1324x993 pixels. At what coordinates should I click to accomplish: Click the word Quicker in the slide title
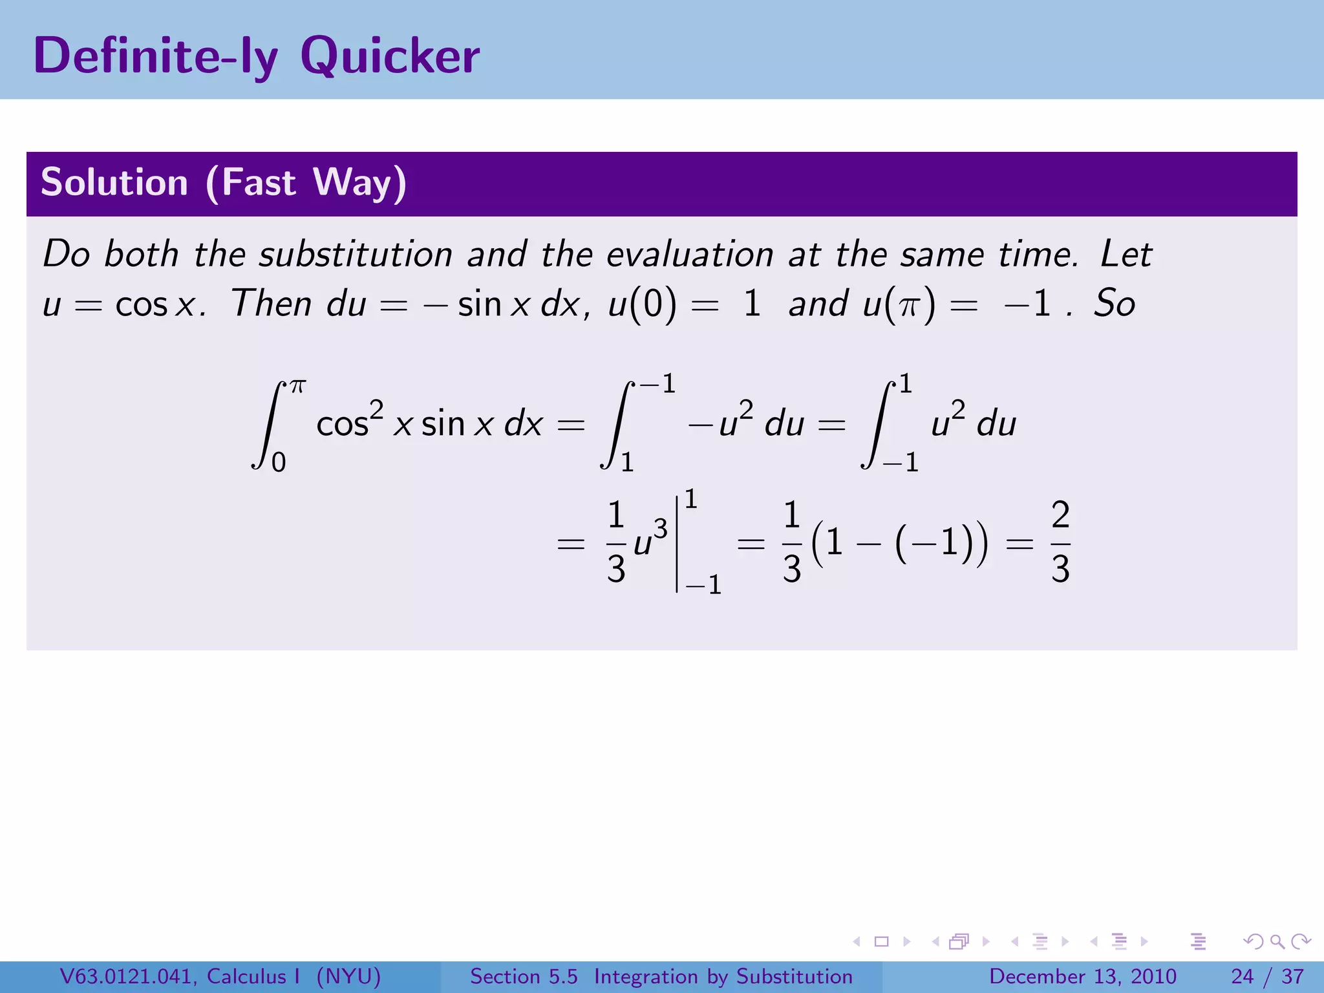[x=390, y=57]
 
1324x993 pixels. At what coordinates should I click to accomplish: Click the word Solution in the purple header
[x=114, y=182]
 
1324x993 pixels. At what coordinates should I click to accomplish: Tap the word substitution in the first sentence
[x=356, y=254]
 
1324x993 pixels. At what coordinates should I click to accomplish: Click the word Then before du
[x=272, y=303]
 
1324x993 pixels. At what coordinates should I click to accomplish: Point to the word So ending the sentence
[x=1114, y=303]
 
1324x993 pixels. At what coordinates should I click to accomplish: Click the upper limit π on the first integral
[x=297, y=387]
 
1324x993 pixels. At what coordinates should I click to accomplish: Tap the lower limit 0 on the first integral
[x=279, y=463]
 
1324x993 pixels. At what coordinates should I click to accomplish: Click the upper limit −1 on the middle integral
[x=658, y=384]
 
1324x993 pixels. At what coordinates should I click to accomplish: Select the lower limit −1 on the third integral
[x=901, y=463]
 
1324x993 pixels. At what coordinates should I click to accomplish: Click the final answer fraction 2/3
[x=1060, y=542]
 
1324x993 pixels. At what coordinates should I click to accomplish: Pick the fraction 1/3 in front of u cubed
[x=616, y=542]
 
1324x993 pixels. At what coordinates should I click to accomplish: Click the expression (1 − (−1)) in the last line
[x=899, y=542]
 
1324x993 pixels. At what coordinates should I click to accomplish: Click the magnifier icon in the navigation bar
[x=1277, y=942]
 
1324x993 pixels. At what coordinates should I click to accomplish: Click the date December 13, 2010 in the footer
[x=1082, y=976]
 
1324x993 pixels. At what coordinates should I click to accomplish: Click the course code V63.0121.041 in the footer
[x=127, y=976]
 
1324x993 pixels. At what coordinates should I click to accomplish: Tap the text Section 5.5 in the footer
[x=524, y=976]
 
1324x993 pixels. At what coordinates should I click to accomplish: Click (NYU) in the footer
[x=348, y=976]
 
